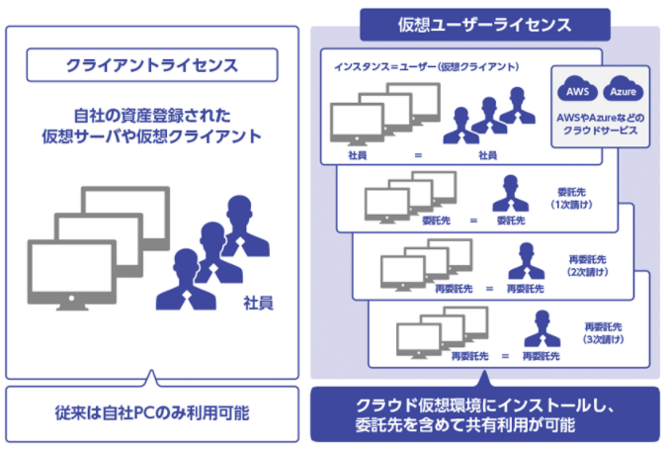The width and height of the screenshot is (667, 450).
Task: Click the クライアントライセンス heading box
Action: [150, 66]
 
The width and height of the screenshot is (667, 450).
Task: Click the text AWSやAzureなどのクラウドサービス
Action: [601, 124]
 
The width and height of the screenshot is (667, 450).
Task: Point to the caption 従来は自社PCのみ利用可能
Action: [150, 410]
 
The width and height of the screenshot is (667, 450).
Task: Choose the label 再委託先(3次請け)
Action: [601, 330]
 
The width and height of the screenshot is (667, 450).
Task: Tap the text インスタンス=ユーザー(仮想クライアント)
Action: [428, 66]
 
